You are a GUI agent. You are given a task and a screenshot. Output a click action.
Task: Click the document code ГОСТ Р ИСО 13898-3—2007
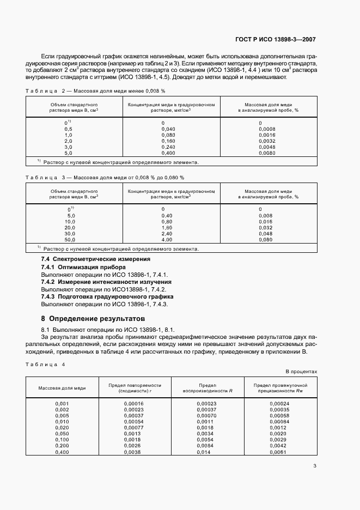pyautogui.click(x=277, y=39)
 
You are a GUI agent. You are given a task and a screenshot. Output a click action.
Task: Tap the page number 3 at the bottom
pyautogui.click(x=315, y=465)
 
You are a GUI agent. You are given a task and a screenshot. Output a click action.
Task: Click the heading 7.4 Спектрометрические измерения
pyautogui.click(x=96, y=259)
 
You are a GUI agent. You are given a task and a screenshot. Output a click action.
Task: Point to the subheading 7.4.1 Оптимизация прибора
pyautogui.click(x=83, y=268)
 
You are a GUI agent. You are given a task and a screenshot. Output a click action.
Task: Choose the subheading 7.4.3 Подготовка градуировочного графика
pyautogui.click(x=107, y=296)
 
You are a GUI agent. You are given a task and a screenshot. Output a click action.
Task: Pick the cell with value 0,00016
pyautogui.click(x=133, y=403)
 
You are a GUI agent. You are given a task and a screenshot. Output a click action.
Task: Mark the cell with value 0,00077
pyautogui.click(x=133, y=428)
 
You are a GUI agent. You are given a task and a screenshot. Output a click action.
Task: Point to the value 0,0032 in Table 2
pyautogui.click(x=268, y=141)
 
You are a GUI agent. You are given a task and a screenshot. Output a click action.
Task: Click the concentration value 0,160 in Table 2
pyautogui.click(x=168, y=141)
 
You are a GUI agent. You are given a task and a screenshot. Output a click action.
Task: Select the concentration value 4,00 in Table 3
pyautogui.click(x=167, y=240)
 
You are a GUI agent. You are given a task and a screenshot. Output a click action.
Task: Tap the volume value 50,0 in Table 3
pyautogui.click(x=70, y=240)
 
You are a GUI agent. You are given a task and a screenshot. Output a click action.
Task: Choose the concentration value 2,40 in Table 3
pyautogui.click(x=167, y=233)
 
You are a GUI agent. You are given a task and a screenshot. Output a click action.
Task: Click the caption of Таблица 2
pyautogui.click(x=95, y=90)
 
